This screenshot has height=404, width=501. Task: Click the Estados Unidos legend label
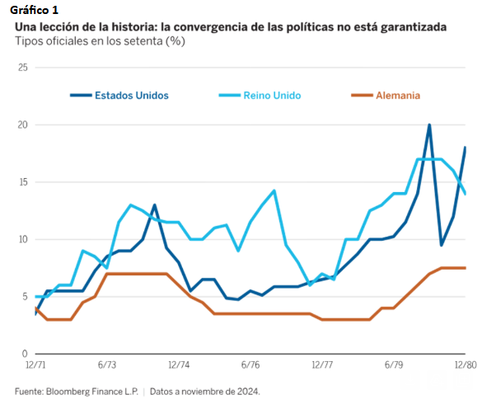pyautogui.click(x=132, y=95)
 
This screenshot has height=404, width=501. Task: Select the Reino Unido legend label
pyautogui.click(x=272, y=95)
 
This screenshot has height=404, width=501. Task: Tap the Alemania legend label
pyautogui.click(x=397, y=95)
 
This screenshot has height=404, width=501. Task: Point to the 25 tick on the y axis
pyautogui.click(x=22, y=68)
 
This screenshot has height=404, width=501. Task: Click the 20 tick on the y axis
pyautogui.click(x=22, y=124)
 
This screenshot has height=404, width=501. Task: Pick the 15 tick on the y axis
pyautogui.click(x=22, y=182)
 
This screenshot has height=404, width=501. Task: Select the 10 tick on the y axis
pyautogui.click(x=22, y=239)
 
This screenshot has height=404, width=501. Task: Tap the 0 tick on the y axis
pyautogui.click(x=25, y=354)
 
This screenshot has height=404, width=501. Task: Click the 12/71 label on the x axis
pyautogui.click(x=35, y=364)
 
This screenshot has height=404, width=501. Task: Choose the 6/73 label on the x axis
pyautogui.click(x=107, y=364)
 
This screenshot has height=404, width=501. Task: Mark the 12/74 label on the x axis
pyautogui.click(x=179, y=364)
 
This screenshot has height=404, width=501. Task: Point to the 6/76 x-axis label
pyautogui.click(x=250, y=364)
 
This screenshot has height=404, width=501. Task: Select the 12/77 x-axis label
pyautogui.click(x=322, y=364)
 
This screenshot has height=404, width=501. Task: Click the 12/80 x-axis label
pyautogui.click(x=466, y=364)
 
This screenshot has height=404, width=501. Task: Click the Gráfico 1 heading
pyautogui.click(x=35, y=9)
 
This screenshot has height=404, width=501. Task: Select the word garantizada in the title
pyautogui.click(x=412, y=26)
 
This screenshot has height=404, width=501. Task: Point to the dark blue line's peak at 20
pyautogui.click(x=429, y=125)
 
